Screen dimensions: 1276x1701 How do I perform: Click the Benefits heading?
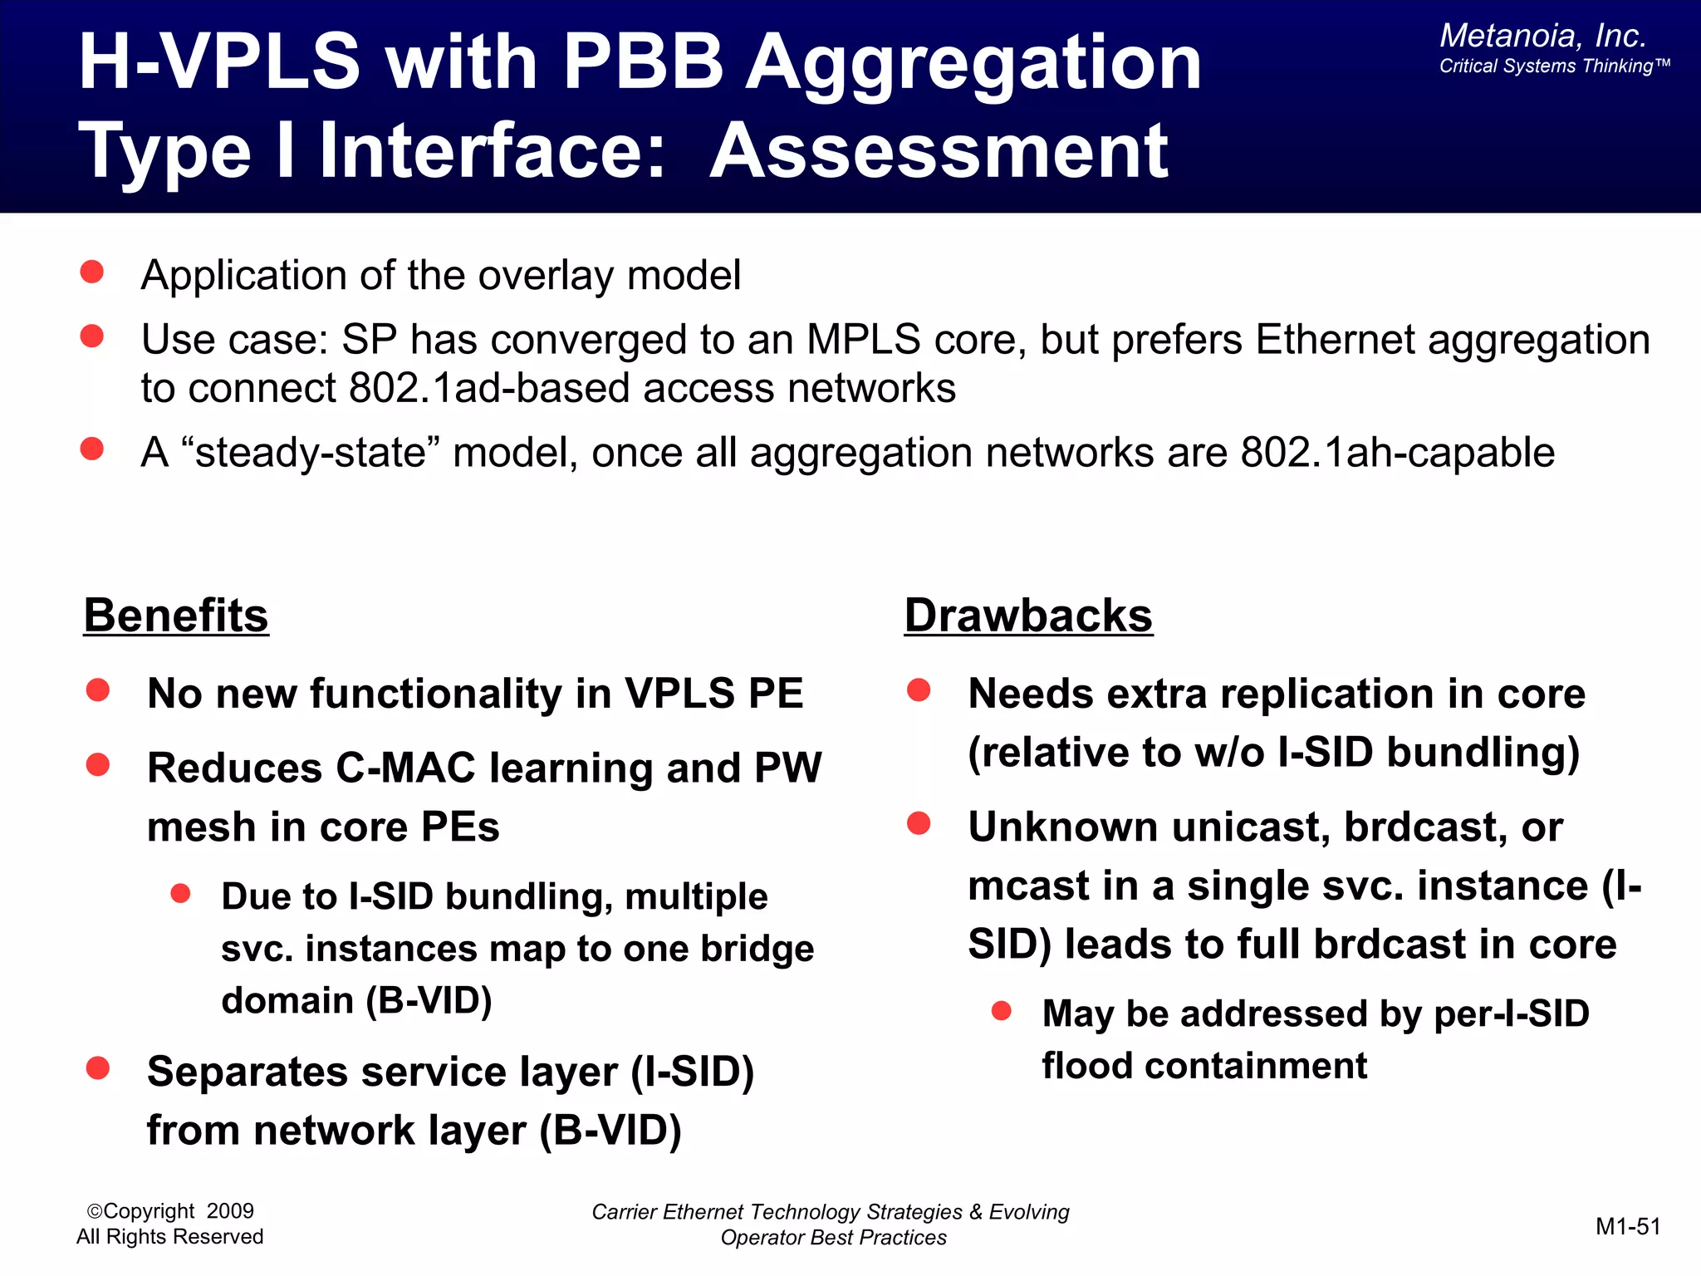176,616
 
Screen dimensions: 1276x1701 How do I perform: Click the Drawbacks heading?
1028,616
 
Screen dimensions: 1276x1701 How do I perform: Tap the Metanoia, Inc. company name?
1542,36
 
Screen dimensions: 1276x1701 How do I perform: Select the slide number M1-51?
1627,1226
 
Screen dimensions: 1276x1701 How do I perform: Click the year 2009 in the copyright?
230,1211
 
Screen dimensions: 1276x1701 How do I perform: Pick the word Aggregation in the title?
973,63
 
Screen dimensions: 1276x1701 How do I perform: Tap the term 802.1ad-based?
489,389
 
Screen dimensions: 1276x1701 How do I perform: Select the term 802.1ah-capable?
1397,454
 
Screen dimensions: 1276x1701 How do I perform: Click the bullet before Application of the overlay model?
92,272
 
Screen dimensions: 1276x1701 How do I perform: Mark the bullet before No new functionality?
98,690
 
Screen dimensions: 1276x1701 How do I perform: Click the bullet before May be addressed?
1002,1011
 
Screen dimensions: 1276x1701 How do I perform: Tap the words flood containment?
1203,1066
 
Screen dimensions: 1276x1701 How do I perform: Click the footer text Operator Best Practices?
833,1238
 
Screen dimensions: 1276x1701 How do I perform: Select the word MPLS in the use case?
863,340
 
